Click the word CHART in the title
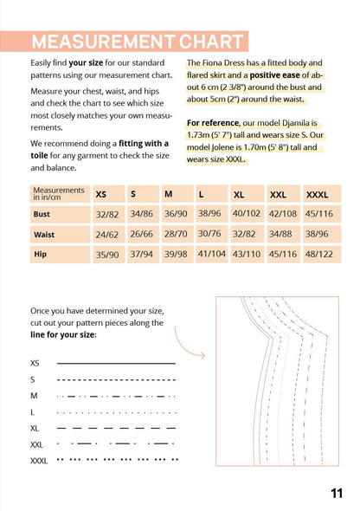(211, 42)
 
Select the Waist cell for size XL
(247, 235)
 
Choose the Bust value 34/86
(142, 214)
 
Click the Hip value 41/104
(212, 254)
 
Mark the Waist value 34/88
(280, 234)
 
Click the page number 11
(337, 494)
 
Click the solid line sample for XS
(116, 363)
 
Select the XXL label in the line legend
(36, 444)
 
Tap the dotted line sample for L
(117, 413)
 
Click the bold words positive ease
(274, 75)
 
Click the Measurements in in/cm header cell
(60, 194)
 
